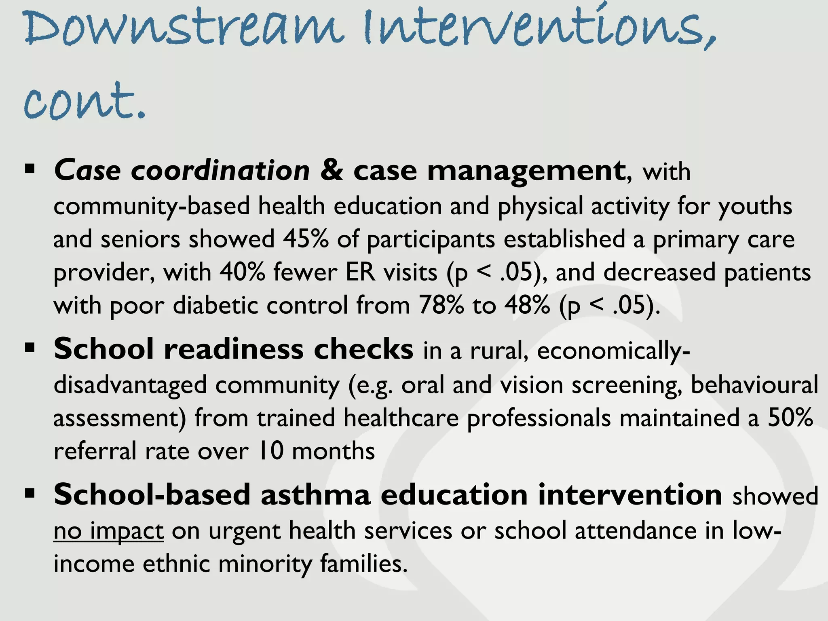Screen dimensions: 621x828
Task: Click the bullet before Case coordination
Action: pos(30,169)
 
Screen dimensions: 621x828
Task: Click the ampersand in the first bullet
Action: pos(332,170)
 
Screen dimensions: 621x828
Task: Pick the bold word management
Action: pos(526,171)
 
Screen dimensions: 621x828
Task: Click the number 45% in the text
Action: pos(306,239)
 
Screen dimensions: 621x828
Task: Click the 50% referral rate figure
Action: pos(790,418)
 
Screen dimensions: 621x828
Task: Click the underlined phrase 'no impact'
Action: pos(108,531)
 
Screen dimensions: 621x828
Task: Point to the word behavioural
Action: pos(754,384)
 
